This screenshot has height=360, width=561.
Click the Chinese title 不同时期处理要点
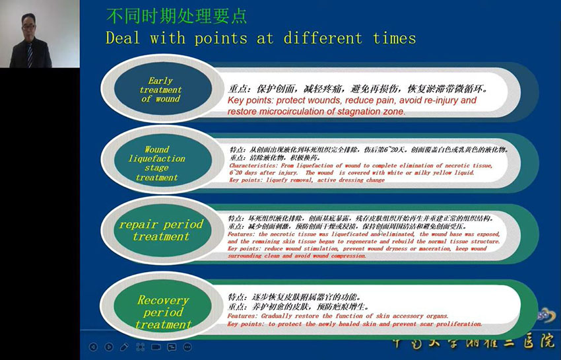(x=177, y=16)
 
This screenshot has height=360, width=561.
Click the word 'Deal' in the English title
(x=124, y=38)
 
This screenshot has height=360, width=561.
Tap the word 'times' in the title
(x=394, y=38)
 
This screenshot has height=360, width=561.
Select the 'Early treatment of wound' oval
(x=160, y=90)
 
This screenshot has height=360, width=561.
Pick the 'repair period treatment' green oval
(x=160, y=231)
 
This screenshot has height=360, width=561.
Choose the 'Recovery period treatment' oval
(x=163, y=312)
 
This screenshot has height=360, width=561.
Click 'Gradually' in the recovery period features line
(x=285, y=316)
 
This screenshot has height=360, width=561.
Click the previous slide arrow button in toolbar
(x=93, y=347)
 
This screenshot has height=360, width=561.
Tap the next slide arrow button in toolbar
(x=109, y=347)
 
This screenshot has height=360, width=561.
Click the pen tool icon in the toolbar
(x=125, y=347)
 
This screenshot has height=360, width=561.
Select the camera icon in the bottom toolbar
(x=156, y=347)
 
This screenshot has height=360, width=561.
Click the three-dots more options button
(x=187, y=347)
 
